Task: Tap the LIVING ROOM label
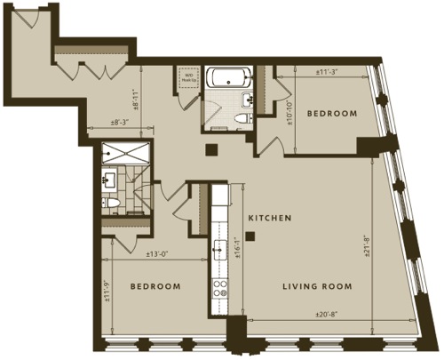[317, 286]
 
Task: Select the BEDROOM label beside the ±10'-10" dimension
[332, 114]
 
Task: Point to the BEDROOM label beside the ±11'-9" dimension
[155, 286]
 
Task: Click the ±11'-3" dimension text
[329, 74]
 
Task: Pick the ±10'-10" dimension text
[291, 111]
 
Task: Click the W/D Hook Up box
[189, 76]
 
